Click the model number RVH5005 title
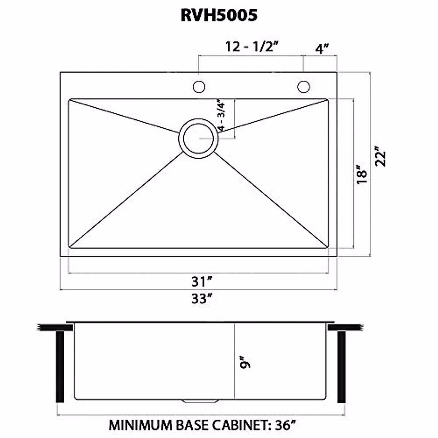219,15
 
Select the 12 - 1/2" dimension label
252,47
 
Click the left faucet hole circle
199,87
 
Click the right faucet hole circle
303,87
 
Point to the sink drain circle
198,138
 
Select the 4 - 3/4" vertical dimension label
221,116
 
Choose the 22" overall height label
380,156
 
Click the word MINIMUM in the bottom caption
140,425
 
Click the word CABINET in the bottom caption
235,425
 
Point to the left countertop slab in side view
51,327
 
